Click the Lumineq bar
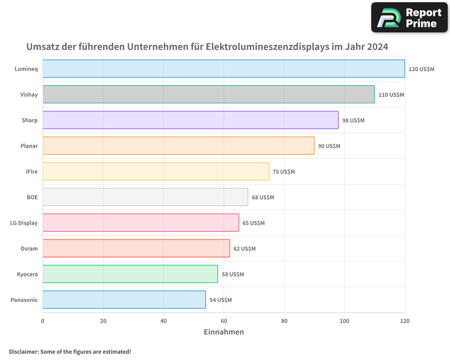point(224,69)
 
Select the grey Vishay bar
point(208,94)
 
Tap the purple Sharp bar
point(190,120)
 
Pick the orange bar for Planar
point(178,146)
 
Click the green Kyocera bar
point(130,274)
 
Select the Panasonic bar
point(124,300)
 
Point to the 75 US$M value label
point(283,172)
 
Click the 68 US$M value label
point(263,198)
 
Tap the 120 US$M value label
point(421,69)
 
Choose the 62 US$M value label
point(244,249)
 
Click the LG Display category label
point(24,223)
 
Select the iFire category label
point(31,172)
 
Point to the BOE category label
point(32,198)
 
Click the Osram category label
point(29,249)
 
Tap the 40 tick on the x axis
point(163,321)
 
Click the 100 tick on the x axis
point(344,321)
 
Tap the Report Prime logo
point(409,18)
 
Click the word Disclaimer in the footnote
point(23,352)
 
